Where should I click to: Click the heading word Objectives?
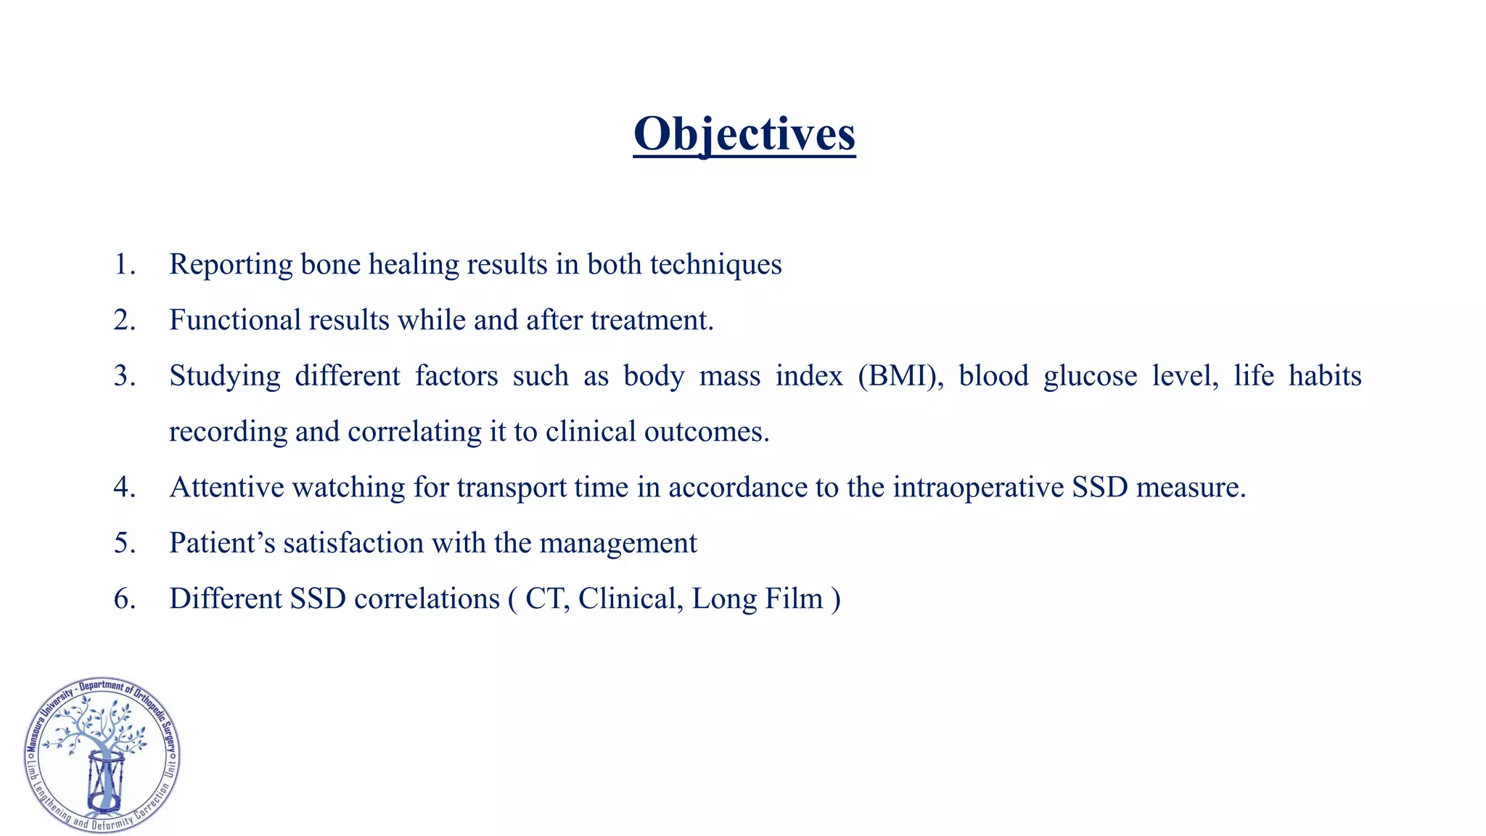tap(744, 134)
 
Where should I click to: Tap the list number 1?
tap(124, 265)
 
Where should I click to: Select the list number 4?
tap(124, 488)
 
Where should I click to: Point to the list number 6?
tap(124, 599)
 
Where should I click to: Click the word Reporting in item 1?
tap(231, 265)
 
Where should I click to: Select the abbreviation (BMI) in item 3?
tap(900, 377)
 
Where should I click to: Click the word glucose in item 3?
tap(1090, 377)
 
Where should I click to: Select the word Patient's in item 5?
tap(222, 544)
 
